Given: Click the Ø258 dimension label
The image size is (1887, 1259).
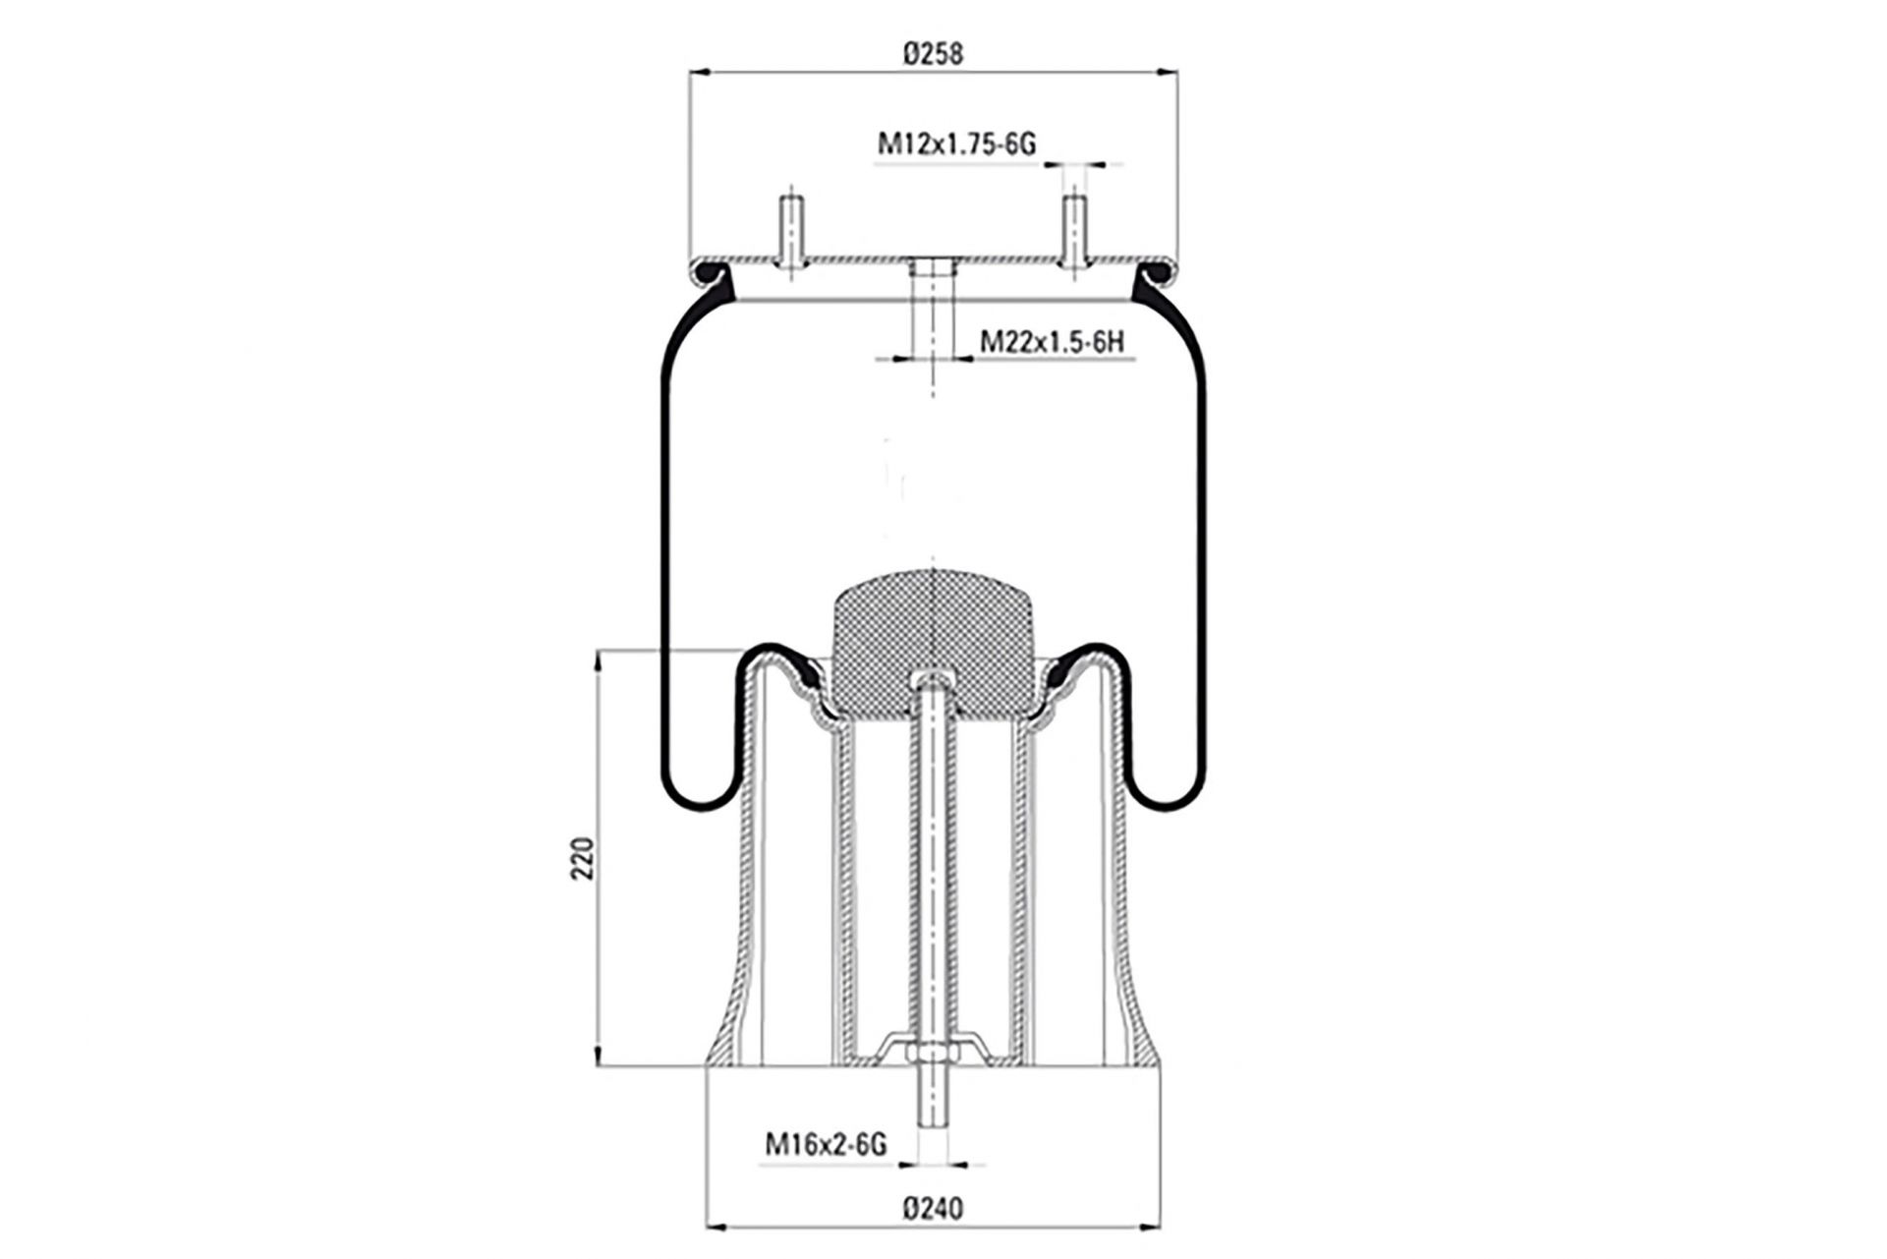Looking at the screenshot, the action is pos(933,53).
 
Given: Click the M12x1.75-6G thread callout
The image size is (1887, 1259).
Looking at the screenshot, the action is pos(956,144).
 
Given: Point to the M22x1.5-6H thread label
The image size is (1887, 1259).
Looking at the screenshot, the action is pos(1052,342).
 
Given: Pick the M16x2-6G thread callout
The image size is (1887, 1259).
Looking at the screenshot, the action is pos(826,1144).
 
